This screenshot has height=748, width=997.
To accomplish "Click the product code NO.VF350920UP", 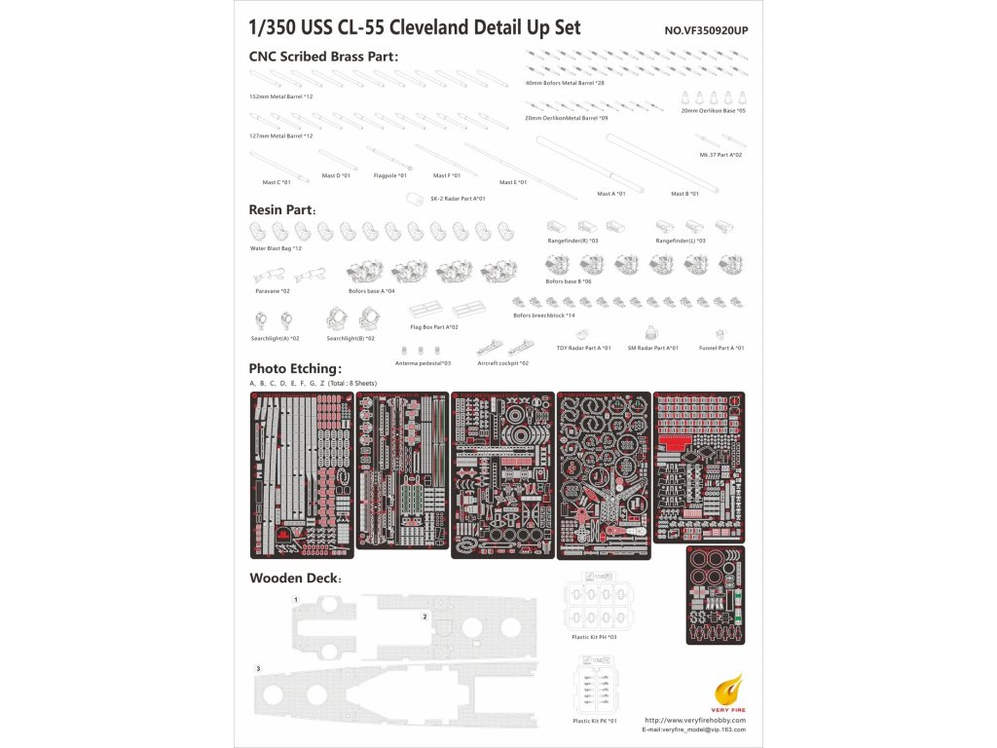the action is coord(706,30).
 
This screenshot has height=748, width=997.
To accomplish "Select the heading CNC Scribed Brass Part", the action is coord(323,56).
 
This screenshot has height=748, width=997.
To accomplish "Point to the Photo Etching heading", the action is coord(296,368).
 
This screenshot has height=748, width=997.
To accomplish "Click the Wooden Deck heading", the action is coord(295,578).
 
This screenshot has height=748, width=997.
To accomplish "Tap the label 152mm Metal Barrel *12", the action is coord(281,96).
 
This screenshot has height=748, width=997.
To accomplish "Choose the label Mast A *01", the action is coord(611,194).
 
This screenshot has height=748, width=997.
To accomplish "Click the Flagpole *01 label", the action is coord(390,175).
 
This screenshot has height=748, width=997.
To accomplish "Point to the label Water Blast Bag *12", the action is coord(276,248).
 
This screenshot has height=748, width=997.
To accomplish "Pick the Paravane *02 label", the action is coord(273,291).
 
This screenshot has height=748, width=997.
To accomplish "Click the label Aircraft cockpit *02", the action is coord(503,362).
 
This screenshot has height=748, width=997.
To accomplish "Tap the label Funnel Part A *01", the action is coord(721,348).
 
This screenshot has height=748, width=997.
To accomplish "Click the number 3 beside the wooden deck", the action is coord(258,668).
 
